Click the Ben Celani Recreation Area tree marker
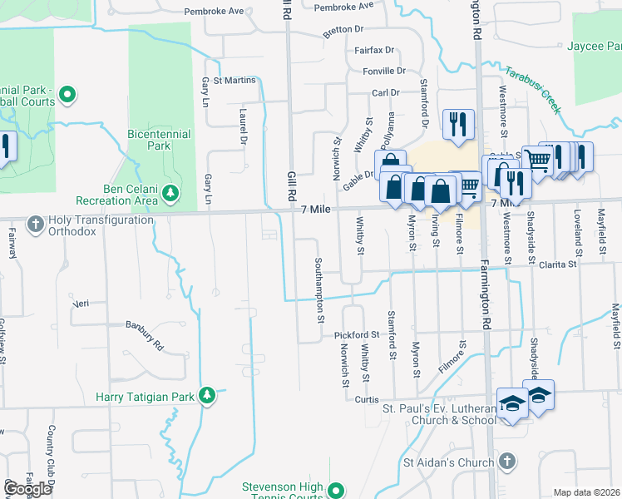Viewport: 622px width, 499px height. point(171,194)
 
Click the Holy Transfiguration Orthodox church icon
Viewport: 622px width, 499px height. point(35,224)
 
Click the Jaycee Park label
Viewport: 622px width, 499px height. point(595,47)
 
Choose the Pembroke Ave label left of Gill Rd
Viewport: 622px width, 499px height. point(215,12)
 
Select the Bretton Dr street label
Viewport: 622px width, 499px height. point(344,29)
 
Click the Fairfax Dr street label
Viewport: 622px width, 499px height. point(373,51)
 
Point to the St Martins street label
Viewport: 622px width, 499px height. point(234,81)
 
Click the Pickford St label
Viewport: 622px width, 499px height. point(357,335)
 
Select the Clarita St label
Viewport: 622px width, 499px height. point(556,264)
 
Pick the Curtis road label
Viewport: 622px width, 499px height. point(367,399)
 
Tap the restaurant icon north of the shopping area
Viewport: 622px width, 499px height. point(458,125)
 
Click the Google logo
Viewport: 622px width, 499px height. point(27,489)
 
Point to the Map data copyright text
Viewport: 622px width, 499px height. point(586,492)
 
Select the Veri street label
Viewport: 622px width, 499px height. point(81,304)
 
